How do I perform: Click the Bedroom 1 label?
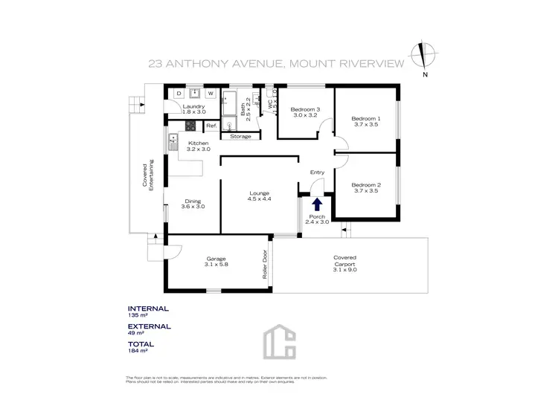[x=365, y=118]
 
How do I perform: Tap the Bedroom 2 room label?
[x=365, y=184]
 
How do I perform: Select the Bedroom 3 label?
[x=305, y=109]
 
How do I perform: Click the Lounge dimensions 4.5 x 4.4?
[x=260, y=198]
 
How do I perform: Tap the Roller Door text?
[x=264, y=263]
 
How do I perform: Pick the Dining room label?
[x=193, y=201]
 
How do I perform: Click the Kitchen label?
[x=198, y=143]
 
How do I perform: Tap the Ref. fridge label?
[x=211, y=126]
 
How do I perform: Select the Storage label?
[x=240, y=137]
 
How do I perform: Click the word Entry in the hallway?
[x=317, y=172]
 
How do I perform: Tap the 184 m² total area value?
[x=139, y=351]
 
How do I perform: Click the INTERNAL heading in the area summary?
[x=148, y=309]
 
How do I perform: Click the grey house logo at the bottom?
[x=279, y=343]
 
